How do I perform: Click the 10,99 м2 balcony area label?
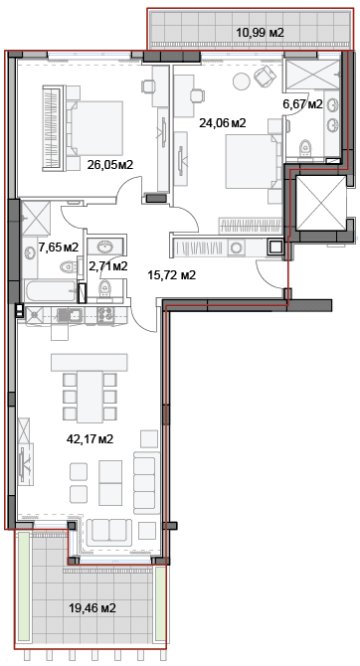coord(260,32)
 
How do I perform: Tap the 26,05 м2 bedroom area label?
coord(110,164)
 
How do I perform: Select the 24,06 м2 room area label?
coord(223,123)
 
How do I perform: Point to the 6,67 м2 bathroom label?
coord(302,104)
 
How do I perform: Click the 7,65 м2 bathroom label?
coord(59,247)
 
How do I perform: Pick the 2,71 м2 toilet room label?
coord(108,265)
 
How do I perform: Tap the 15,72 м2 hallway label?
coord(171,275)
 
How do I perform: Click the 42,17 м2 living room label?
coord(90,438)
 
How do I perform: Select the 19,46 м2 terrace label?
coord(92,608)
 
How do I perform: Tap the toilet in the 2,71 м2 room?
coord(104,289)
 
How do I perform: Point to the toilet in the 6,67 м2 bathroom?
coord(305,148)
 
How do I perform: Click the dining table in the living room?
coord(90,397)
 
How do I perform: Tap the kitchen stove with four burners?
coord(105,315)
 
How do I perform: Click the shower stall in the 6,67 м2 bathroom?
coord(312,75)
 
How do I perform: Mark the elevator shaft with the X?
coord(321,203)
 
